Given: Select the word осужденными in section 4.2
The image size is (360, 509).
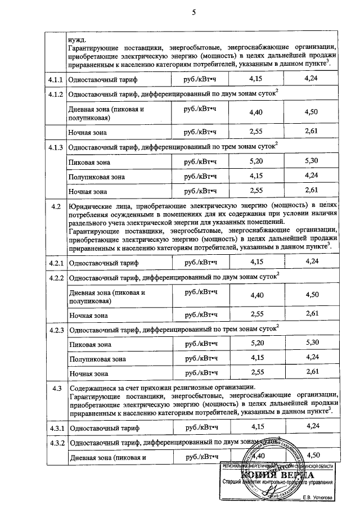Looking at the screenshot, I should tap(127, 215).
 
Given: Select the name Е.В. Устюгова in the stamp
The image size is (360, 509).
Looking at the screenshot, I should tap(317, 497).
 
